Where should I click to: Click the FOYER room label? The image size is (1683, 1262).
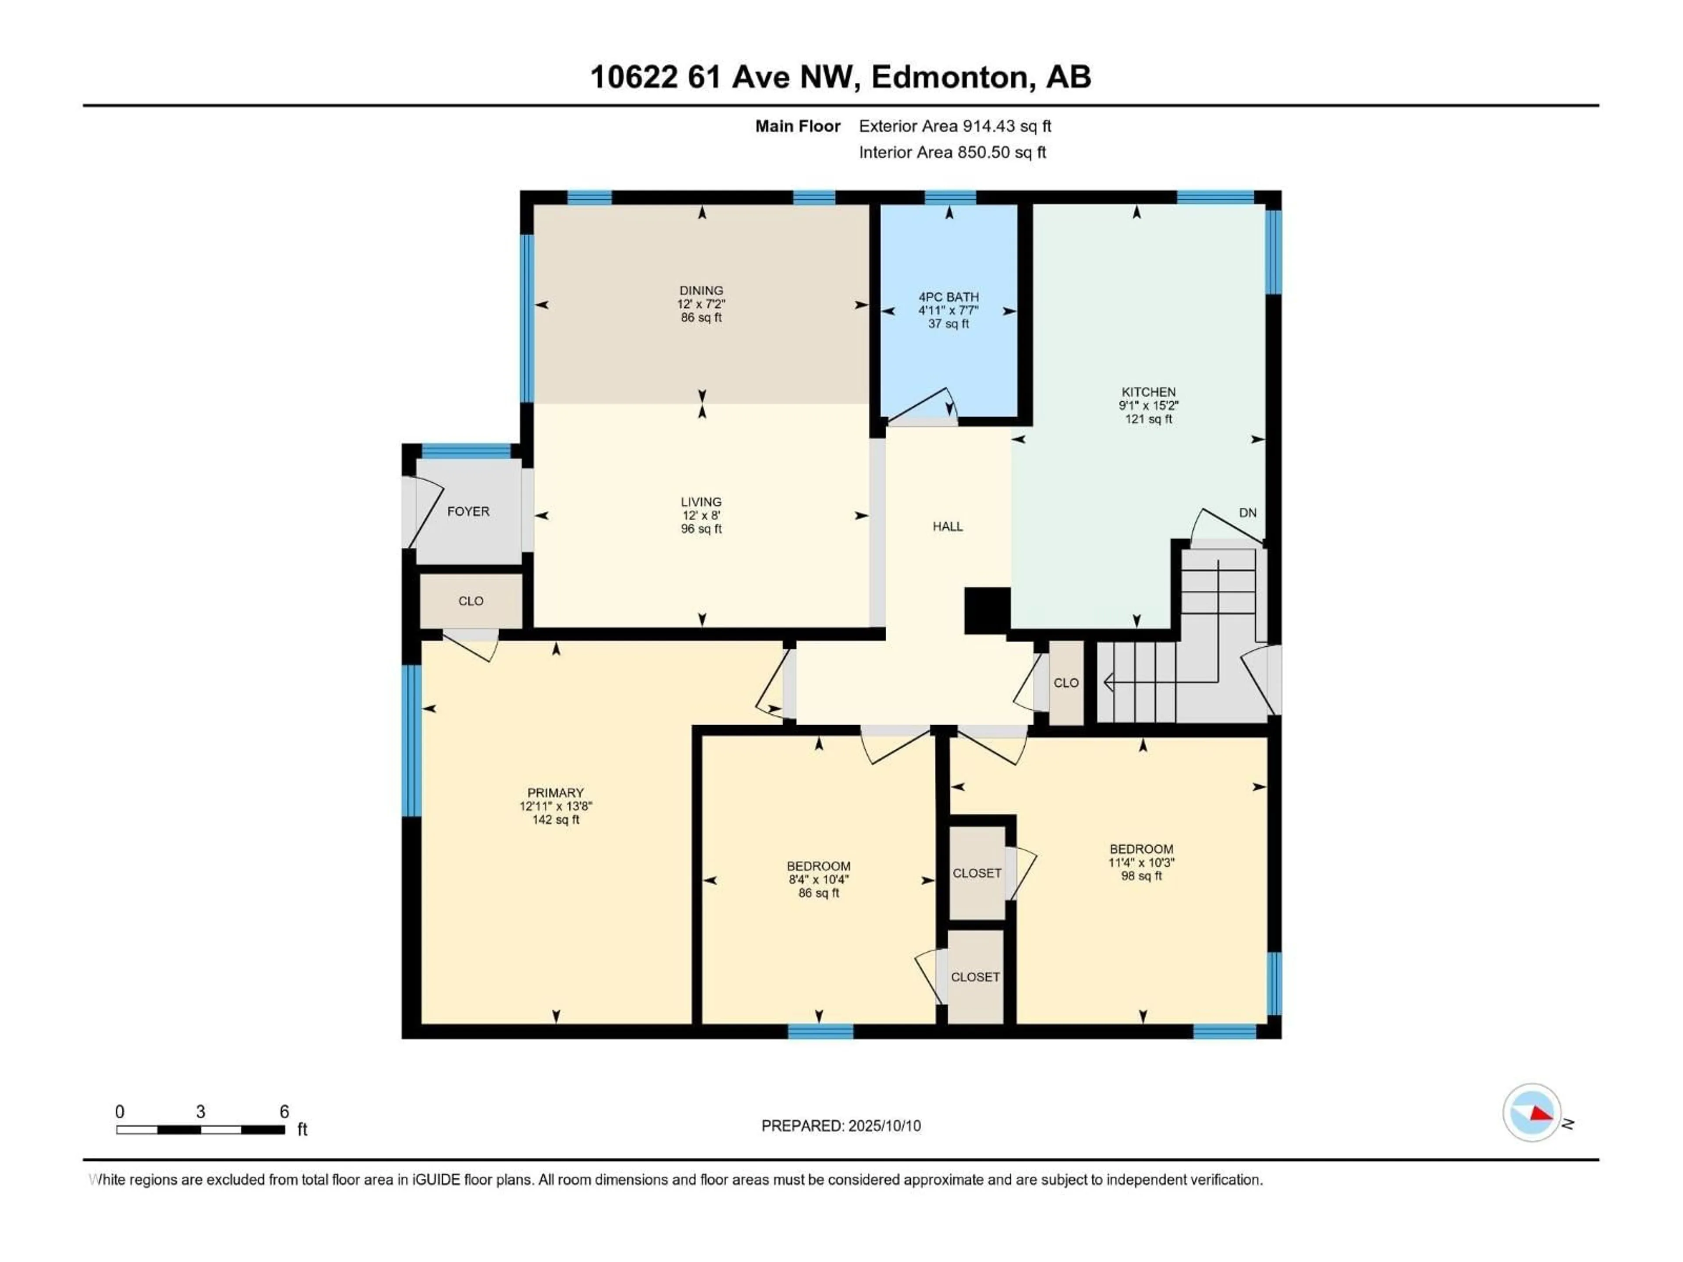468,511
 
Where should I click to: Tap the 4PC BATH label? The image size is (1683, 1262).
949,297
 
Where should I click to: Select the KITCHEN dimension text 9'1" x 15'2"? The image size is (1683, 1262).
1148,405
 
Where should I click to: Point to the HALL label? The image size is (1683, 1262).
948,526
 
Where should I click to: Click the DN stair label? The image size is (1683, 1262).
1248,513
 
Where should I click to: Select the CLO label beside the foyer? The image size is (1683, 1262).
471,601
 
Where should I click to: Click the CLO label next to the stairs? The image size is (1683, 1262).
1066,683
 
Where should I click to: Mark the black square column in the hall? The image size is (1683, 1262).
987,611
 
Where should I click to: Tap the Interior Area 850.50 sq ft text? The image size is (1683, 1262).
952,152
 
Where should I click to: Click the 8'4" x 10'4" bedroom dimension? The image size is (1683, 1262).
819,879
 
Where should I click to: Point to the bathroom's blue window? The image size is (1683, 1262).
950,198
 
